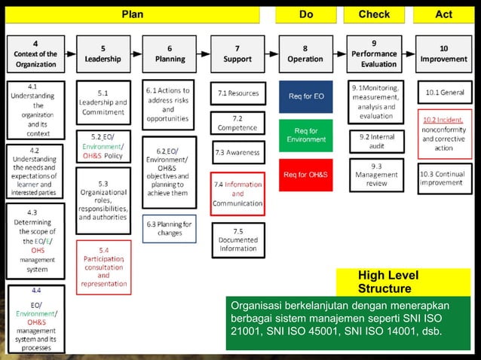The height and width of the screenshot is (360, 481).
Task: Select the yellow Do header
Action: point(305,14)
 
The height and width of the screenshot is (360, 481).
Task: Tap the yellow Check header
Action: point(374,14)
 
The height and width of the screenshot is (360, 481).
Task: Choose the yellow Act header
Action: point(444,14)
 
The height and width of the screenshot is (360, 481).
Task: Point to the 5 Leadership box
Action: point(103,53)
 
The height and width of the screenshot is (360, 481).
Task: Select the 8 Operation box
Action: point(305,53)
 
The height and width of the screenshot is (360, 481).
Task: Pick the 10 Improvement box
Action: point(443,53)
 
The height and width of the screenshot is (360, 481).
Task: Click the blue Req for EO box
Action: point(306,96)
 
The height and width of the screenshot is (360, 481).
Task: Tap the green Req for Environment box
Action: point(306,135)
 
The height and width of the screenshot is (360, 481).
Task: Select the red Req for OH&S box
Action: point(306,175)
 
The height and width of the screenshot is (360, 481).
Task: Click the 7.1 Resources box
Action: point(237,93)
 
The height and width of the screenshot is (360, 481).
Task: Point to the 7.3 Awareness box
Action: point(237,152)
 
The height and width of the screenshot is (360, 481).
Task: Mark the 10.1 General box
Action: point(445,93)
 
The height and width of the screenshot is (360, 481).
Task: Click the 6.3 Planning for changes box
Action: point(170,228)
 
